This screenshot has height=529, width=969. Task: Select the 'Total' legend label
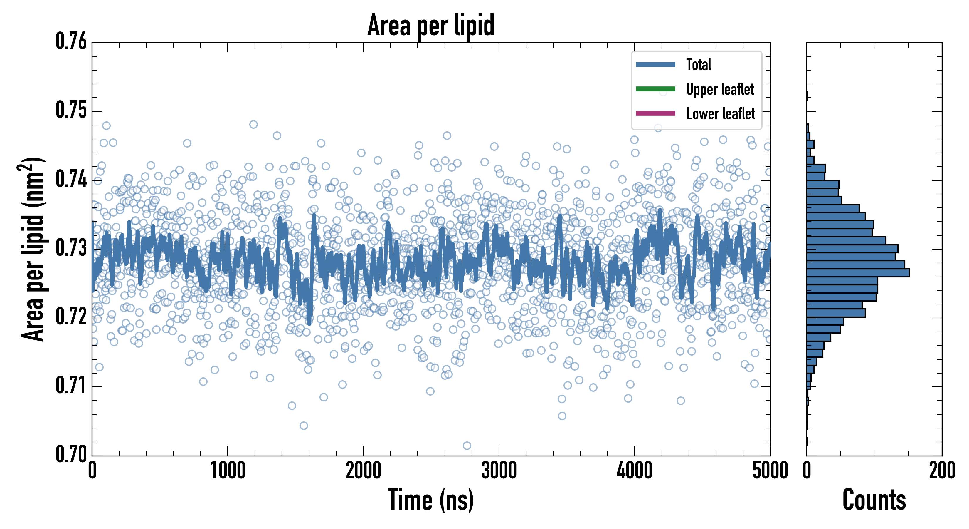tap(699, 64)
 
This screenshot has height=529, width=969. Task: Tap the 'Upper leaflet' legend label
tap(720, 89)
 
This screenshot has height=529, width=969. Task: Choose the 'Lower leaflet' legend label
tap(720, 113)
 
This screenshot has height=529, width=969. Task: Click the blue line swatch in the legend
tap(655, 64)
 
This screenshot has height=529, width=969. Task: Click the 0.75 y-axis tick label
tap(71, 110)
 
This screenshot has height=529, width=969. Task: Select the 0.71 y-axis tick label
tap(71, 386)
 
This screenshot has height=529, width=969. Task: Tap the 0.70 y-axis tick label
tap(71, 454)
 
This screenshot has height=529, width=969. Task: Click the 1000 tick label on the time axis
tap(228, 471)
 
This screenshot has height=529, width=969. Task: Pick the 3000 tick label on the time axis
tap(499, 471)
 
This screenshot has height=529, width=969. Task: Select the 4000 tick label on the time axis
tap(635, 471)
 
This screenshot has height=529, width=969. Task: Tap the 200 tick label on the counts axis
tap(941, 471)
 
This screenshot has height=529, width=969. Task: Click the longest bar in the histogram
tap(858, 273)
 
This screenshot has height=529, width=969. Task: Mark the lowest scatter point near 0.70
tap(467, 446)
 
